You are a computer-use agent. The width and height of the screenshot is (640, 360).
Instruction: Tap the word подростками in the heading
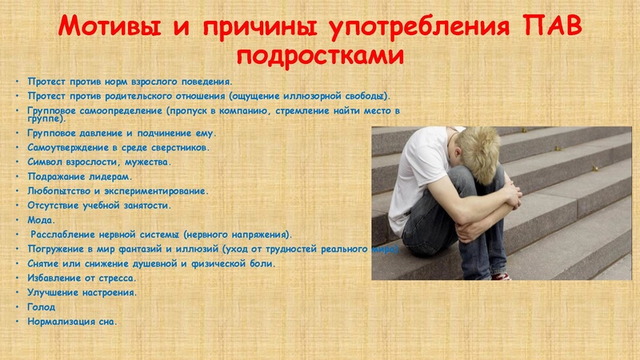[x=320, y=58]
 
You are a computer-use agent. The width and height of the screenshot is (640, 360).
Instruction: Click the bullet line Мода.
[x=42, y=219]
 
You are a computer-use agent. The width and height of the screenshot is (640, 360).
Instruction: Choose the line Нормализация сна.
[x=72, y=322]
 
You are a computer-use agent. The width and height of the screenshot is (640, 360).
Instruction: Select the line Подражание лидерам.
[x=80, y=176]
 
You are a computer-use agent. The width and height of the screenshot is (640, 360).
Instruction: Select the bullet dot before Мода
[x=17, y=219]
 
